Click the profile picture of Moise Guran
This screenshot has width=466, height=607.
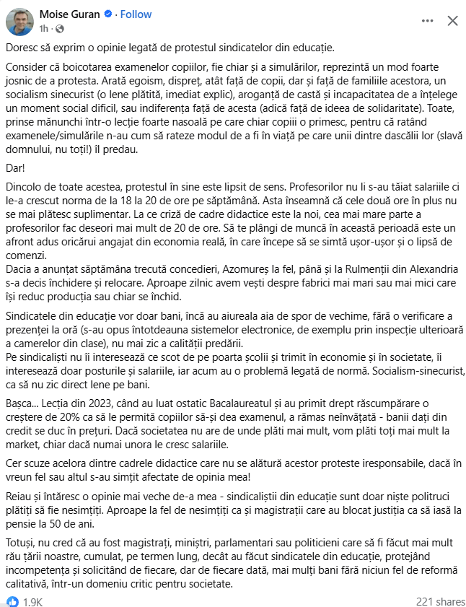pyautogui.click(x=19, y=21)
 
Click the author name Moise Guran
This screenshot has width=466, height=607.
pyautogui.click(x=69, y=14)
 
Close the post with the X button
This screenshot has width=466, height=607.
pyautogui.click(x=452, y=21)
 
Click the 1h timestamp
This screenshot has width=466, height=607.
pyautogui.click(x=44, y=29)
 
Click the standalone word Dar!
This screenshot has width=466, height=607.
pyautogui.click(x=16, y=167)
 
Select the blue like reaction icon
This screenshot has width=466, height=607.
pyautogui.click(x=13, y=601)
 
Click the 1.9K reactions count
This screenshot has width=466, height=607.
pyautogui.click(x=34, y=601)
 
